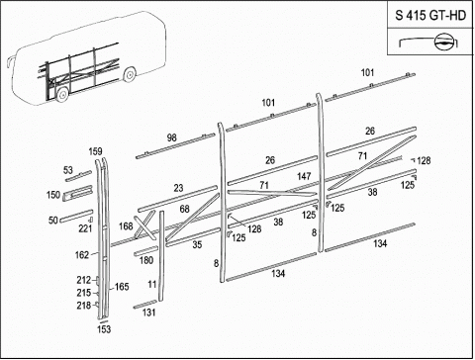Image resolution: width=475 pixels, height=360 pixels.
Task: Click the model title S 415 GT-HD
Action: (x=430, y=15)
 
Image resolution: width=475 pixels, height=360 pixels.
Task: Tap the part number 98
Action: (x=171, y=137)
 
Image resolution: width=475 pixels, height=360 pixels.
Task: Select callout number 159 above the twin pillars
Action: (x=95, y=151)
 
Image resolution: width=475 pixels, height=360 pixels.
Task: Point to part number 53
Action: (x=68, y=170)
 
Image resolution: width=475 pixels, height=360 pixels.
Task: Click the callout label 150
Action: (x=53, y=195)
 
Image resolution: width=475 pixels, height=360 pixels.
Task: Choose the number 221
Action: (x=85, y=228)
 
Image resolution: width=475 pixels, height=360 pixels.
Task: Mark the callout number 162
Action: (x=82, y=255)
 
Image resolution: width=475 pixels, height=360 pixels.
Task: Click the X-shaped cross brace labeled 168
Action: (x=144, y=225)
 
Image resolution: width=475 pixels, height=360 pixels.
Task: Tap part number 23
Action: (x=178, y=188)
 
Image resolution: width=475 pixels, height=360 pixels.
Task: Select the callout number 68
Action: (x=185, y=209)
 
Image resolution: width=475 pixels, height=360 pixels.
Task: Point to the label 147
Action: (x=304, y=176)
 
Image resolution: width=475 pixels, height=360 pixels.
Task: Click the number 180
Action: (x=146, y=260)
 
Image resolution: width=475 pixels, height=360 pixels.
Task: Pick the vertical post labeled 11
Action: (x=161, y=256)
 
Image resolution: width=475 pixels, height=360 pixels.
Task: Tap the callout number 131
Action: (x=149, y=313)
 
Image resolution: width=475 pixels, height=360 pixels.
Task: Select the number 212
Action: (x=84, y=280)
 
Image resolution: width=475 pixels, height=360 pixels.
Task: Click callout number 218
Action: (x=84, y=306)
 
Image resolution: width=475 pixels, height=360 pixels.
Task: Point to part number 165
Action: (x=122, y=287)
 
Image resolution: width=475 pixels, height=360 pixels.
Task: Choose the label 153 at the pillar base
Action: (x=104, y=329)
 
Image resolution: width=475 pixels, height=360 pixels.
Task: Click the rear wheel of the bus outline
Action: (x=130, y=74)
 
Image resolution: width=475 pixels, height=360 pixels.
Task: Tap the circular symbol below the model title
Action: (x=442, y=42)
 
